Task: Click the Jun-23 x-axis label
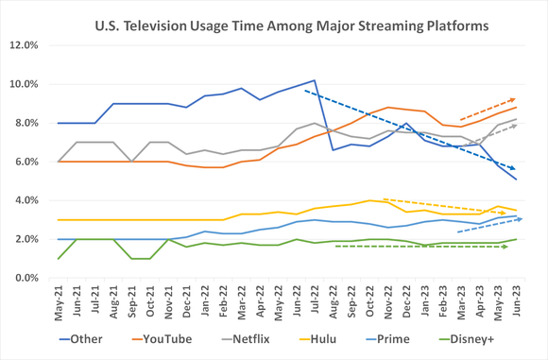(515, 302)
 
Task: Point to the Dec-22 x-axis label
(406, 302)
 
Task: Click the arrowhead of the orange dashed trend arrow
(513, 99)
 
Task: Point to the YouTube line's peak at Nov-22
(388, 108)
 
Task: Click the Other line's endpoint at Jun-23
(515, 179)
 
